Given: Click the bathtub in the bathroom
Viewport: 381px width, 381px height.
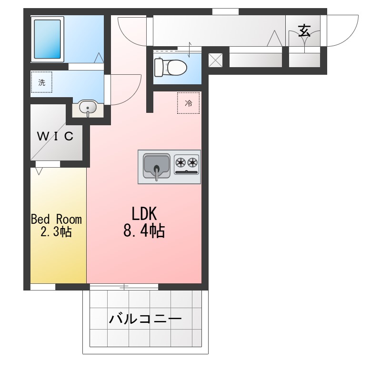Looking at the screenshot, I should [48, 39].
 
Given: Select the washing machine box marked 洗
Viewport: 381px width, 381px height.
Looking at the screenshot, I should [41, 82].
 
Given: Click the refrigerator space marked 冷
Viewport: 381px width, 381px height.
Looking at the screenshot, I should [189, 103].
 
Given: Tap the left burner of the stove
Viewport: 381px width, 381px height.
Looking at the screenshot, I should [181, 163].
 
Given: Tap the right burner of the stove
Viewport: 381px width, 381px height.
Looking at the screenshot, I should [192, 163].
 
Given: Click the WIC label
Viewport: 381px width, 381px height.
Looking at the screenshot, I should [56, 137].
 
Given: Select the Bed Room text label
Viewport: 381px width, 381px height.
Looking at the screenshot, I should [56, 220].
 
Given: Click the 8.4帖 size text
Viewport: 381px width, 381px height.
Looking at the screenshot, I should [144, 231].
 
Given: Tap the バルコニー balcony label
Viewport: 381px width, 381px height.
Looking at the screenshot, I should [145, 318].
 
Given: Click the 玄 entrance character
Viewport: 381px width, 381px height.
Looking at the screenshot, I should [304, 31].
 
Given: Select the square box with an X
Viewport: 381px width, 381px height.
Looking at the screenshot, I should [216, 60].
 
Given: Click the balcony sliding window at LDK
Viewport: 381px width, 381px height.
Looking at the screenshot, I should [124, 287].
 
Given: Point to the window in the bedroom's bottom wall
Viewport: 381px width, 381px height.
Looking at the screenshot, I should [43, 287].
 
